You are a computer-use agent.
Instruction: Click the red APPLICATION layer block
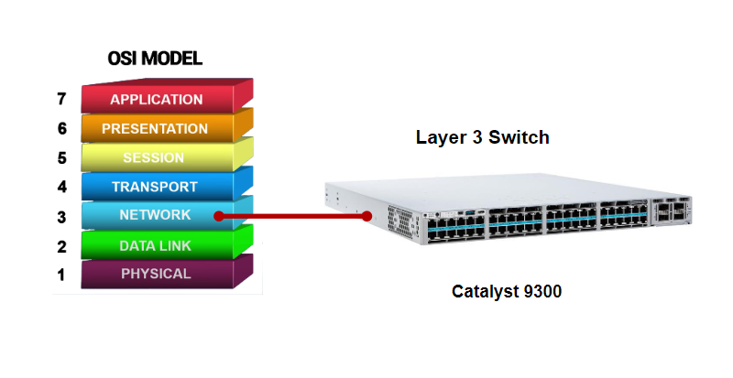click(x=156, y=99)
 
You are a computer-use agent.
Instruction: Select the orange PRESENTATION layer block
click(x=155, y=128)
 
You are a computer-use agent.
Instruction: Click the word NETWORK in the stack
click(x=155, y=215)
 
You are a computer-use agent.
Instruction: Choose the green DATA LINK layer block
click(x=155, y=245)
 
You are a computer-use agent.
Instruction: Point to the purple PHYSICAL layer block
click(x=155, y=274)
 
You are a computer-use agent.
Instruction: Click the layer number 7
click(x=62, y=99)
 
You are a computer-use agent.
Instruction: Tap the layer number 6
click(x=62, y=128)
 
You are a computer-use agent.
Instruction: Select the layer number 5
click(x=62, y=157)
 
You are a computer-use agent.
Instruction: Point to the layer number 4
click(x=62, y=188)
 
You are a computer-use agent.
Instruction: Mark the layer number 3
click(x=62, y=217)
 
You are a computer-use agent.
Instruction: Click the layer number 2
click(x=62, y=246)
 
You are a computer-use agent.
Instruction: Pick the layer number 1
click(x=62, y=275)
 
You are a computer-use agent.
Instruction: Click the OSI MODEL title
click(x=155, y=59)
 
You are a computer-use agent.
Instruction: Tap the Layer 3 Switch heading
click(x=482, y=138)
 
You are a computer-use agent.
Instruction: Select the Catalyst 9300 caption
click(x=507, y=292)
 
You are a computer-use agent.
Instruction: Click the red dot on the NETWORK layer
click(x=219, y=216)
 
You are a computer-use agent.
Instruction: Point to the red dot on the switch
click(x=366, y=216)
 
